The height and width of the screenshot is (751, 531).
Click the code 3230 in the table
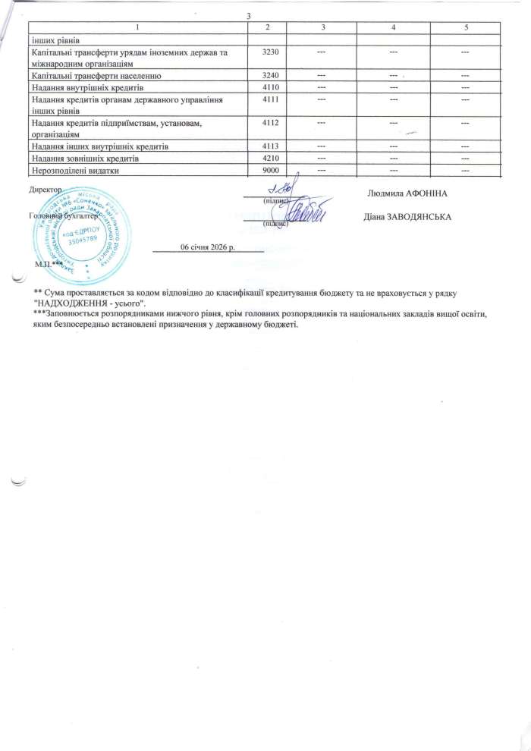[x=269, y=51]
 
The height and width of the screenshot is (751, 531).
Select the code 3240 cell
[x=269, y=77]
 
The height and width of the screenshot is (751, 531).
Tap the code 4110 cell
[x=269, y=88]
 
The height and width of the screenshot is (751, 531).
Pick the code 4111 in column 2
[x=269, y=99]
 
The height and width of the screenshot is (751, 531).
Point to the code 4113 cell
[x=269, y=146]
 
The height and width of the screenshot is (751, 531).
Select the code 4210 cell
[x=269, y=159]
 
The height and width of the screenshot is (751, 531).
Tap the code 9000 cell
[x=269, y=171]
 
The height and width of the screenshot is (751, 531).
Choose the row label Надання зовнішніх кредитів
[x=85, y=159]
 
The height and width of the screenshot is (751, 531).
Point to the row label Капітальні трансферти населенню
[x=94, y=77]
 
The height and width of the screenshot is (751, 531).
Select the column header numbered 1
[x=138, y=28]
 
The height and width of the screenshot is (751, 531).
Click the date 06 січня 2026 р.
[x=208, y=247]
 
